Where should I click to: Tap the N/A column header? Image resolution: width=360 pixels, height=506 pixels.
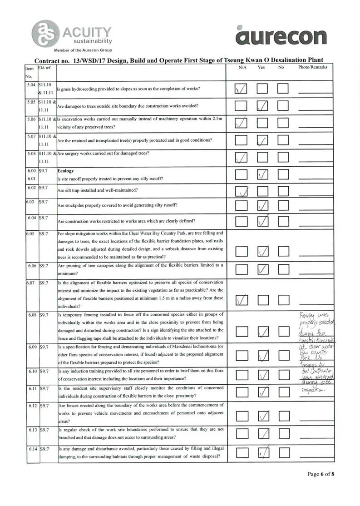pos(242,67)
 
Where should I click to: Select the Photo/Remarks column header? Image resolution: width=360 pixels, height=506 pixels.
pos(312,67)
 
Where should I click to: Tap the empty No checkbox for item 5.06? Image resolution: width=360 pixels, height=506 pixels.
pos(283,123)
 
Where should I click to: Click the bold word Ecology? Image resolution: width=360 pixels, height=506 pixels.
pos(66,171)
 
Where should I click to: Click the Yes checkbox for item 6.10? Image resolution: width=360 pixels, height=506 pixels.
pos(263,375)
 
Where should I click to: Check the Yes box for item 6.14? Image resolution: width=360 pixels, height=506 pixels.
pos(263,451)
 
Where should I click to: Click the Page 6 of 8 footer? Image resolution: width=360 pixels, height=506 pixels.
pos(321,474)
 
